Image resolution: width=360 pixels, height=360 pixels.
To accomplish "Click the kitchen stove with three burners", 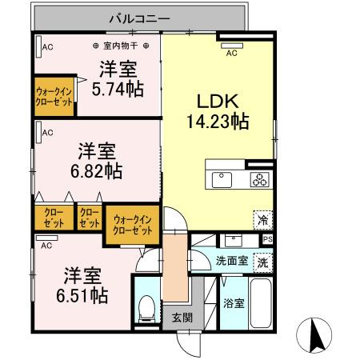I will [260, 178].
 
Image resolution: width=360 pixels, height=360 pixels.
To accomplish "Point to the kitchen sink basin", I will [223, 178].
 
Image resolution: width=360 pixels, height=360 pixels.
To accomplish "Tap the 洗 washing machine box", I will [262, 262].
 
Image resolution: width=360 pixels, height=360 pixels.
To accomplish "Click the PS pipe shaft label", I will [268, 239].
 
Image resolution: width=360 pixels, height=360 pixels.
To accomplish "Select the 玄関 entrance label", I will [177, 317].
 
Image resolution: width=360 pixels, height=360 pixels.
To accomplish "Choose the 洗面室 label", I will [232, 262].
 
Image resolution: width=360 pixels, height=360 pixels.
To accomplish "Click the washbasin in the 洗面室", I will [231, 239].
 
